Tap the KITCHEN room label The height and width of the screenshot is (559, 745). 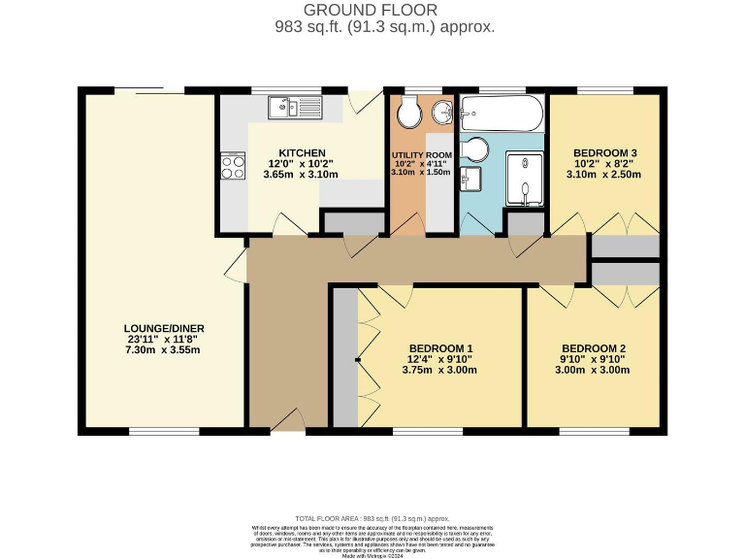(x=302, y=153)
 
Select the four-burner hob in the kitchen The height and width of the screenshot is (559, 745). (x=234, y=166)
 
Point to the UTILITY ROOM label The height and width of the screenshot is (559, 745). (x=422, y=155)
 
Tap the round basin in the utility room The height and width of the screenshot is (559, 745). (x=441, y=112)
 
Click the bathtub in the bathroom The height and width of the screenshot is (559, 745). (x=501, y=114)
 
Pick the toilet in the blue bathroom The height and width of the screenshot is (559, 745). (x=475, y=150)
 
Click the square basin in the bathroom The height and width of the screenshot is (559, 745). (x=471, y=180)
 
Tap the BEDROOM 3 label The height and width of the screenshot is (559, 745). (x=604, y=153)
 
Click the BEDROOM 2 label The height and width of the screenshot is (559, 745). (x=594, y=348)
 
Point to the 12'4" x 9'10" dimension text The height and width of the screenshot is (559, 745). (x=440, y=359)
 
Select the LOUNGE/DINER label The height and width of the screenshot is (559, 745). (x=164, y=328)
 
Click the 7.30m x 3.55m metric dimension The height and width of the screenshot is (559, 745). (x=164, y=349)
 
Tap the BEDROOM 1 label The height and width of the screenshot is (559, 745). (x=440, y=348)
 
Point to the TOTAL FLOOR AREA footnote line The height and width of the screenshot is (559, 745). (x=372, y=519)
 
